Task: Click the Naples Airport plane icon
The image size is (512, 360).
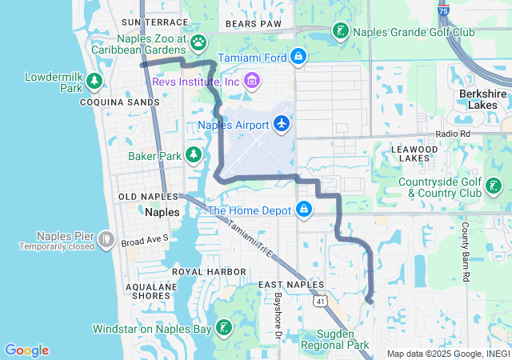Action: (x=281, y=124)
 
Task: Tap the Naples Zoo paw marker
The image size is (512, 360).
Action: (x=198, y=42)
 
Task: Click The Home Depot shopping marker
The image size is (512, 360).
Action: (x=304, y=210)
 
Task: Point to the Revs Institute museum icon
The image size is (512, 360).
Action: (x=252, y=81)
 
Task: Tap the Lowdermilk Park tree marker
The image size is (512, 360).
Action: (x=94, y=81)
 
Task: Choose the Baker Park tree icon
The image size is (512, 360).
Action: (x=193, y=154)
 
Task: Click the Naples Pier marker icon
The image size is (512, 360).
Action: (x=106, y=238)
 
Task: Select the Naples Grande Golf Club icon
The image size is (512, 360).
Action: (x=341, y=32)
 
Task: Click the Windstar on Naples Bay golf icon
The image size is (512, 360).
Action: (x=225, y=327)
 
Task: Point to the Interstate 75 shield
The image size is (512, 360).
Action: (x=444, y=11)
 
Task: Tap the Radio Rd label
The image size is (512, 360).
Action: (x=453, y=134)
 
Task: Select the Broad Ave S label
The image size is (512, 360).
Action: (x=145, y=238)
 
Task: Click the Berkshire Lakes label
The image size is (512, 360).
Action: (x=483, y=99)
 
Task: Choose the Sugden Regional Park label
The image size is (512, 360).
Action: (x=334, y=339)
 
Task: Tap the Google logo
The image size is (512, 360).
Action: (x=26, y=350)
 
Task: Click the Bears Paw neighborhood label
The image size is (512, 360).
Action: (x=254, y=24)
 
